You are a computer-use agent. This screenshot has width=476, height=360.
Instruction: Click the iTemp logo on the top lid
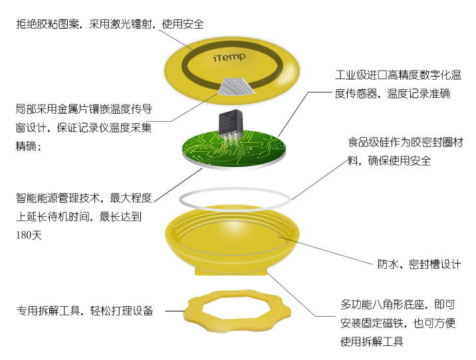[x=229, y=57]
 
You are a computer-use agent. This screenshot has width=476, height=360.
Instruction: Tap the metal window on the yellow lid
[x=237, y=86]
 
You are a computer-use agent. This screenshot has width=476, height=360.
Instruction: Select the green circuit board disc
[x=234, y=149]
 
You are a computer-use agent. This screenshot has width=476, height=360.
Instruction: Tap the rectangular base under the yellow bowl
[x=231, y=271]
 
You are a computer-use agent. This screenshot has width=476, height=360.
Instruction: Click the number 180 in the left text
[x=24, y=235]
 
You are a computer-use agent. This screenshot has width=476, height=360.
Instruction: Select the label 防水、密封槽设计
[x=419, y=264]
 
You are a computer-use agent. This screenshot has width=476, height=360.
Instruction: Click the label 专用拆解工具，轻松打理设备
[x=85, y=311]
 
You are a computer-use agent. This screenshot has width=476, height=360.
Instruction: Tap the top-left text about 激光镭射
[x=110, y=24]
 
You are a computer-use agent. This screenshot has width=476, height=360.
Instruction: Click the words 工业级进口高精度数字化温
[x=398, y=75]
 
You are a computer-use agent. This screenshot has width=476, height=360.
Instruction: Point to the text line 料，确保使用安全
[x=389, y=160]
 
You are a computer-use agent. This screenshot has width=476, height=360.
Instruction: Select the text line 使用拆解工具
[x=372, y=341]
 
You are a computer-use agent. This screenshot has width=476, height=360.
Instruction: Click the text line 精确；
[x=28, y=146]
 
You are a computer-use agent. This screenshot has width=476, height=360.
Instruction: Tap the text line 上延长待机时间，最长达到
[x=79, y=217]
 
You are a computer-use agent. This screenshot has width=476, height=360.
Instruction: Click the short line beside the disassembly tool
[x=175, y=311]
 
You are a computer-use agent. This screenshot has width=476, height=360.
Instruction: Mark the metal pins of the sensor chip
[x=231, y=140]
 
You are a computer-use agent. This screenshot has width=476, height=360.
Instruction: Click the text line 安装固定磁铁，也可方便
[x=398, y=323]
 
